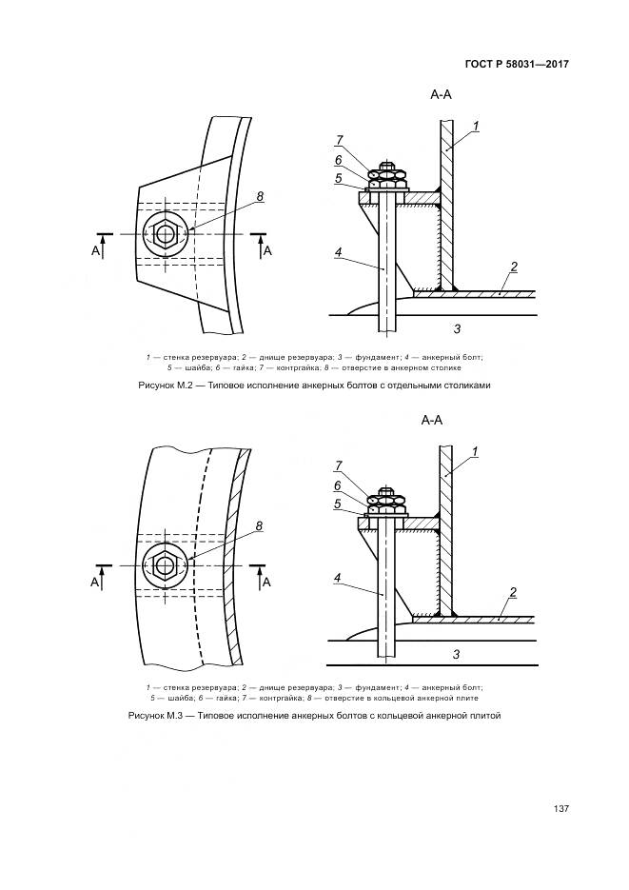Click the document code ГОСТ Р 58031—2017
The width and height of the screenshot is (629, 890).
click(x=516, y=64)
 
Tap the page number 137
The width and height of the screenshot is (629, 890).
click(x=560, y=809)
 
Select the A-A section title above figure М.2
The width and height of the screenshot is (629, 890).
click(x=441, y=95)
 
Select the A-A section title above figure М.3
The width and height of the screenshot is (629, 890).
click(x=432, y=420)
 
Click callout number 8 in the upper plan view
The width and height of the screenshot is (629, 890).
click(x=260, y=197)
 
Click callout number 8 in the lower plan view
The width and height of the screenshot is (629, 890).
click(x=259, y=526)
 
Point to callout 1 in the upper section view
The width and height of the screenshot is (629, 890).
click(x=477, y=126)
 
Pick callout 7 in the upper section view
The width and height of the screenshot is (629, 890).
click(x=339, y=140)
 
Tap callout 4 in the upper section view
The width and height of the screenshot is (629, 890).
click(x=339, y=252)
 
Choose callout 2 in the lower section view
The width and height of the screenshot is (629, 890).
click(x=513, y=593)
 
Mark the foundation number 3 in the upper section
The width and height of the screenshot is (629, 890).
click(x=457, y=328)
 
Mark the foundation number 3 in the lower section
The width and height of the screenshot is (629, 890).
click(x=456, y=655)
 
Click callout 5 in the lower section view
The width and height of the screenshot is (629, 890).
click(x=338, y=504)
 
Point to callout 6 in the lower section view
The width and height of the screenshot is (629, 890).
click(x=338, y=485)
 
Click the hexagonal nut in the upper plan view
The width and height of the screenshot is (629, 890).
click(x=165, y=233)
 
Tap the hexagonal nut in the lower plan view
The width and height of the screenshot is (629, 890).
click(x=165, y=565)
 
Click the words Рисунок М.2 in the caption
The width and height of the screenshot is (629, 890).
click(x=164, y=385)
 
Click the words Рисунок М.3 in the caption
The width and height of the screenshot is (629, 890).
click(x=154, y=716)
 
